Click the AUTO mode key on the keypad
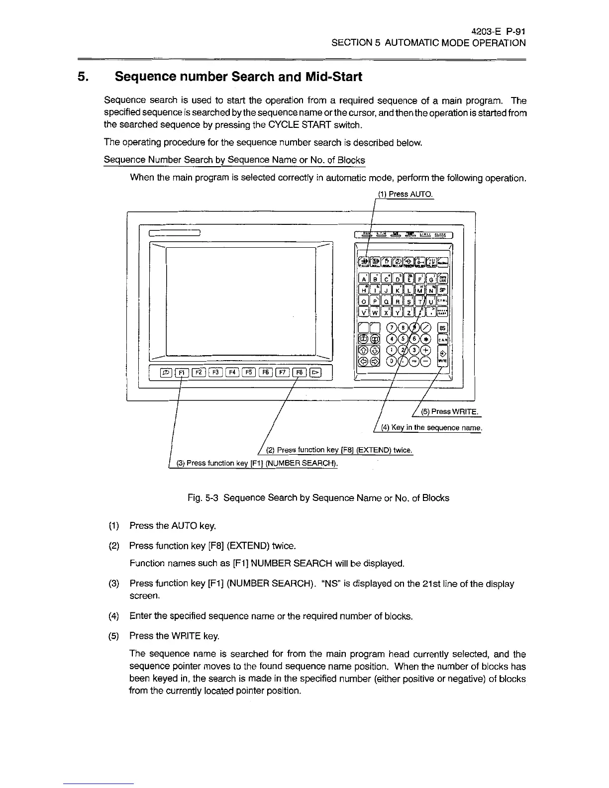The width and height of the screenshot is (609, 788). [x=364, y=262]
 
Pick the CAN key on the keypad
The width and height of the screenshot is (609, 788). [x=442, y=339]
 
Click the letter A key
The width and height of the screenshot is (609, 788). [x=364, y=279]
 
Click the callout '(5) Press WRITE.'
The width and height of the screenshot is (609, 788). [x=450, y=411]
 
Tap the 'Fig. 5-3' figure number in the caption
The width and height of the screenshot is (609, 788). [x=203, y=498]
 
